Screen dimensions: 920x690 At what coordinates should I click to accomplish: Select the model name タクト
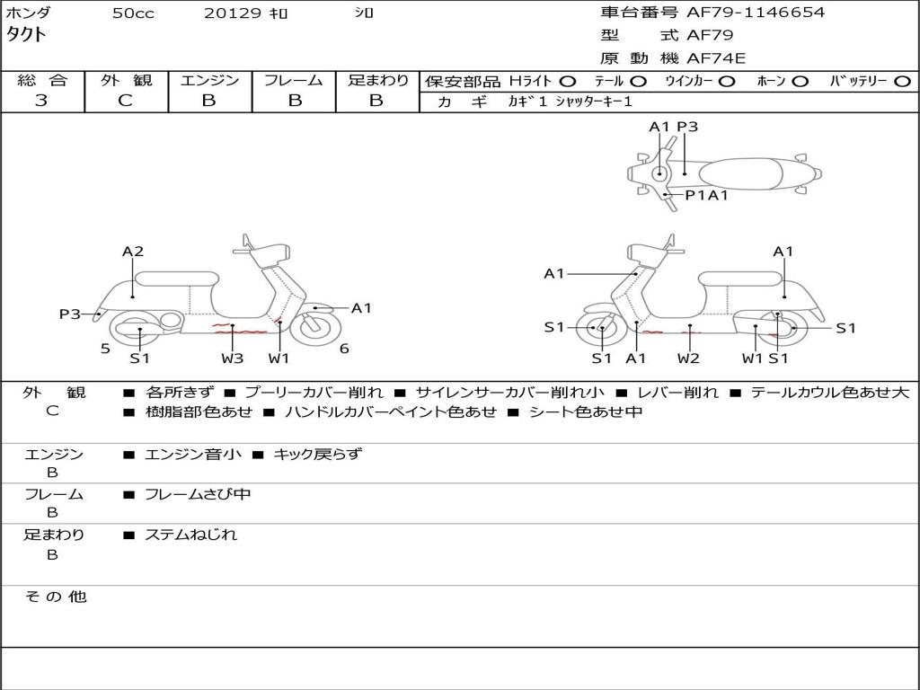pyautogui.click(x=27, y=35)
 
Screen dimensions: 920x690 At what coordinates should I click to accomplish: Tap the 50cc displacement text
pyautogui.click(x=133, y=13)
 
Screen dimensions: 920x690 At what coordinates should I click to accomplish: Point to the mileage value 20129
pyautogui.click(x=232, y=13)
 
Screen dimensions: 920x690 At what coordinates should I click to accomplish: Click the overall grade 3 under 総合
pyautogui.click(x=41, y=101)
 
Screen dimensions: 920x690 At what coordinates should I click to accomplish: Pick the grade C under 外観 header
pyautogui.click(x=126, y=101)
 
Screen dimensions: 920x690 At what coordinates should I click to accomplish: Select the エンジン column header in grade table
pyautogui.click(x=210, y=80)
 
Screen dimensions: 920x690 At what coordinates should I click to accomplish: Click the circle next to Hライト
pyautogui.click(x=567, y=81)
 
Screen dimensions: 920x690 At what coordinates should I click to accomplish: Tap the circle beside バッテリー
pyautogui.click(x=902, y=81)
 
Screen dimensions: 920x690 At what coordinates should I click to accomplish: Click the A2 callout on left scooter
pyautogui.click(x=133, y=252)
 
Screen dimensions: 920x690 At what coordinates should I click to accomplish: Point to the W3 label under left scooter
pyautogui.click(x=232, y=358)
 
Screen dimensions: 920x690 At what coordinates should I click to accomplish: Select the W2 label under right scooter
pyautogui.click(x=689, y=358)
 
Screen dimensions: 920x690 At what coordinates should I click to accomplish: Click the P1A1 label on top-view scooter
pyautogui.click(x=706, y=195)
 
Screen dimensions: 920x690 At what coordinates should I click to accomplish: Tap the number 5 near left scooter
pyautogui.click(x=105, y=349)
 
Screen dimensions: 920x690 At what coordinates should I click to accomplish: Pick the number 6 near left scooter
pyautogui.click(x=344, y=349)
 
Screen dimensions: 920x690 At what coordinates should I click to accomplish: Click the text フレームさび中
pyautogui.click(x=198, y=494)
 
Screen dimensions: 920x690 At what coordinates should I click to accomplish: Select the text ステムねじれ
pyautogui.click(x=190, y=535)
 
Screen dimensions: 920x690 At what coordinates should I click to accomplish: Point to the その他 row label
pyautogui.click(x=54, y=597)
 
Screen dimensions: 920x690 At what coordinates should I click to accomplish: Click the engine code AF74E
pyautogui.click(x=716, y=58)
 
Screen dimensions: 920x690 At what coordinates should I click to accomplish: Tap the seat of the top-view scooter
pyautogui.click(x=744, y=172)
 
